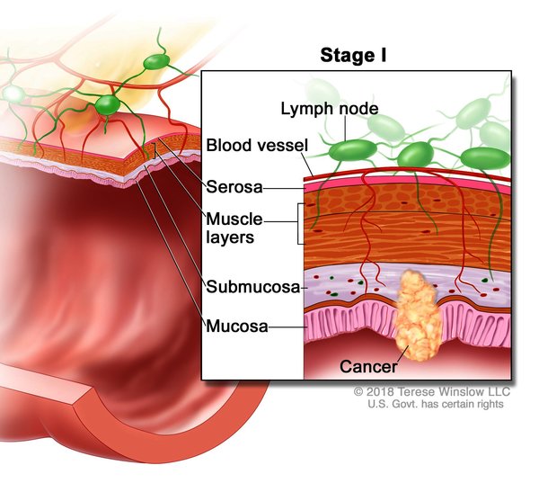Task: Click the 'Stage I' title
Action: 353,56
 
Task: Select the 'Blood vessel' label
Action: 257,146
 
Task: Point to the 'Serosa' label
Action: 234,188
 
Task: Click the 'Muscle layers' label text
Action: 238,228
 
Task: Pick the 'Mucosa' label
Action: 237,326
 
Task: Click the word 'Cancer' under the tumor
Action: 367,367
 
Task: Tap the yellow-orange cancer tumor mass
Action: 414,310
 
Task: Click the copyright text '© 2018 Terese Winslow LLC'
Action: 431,392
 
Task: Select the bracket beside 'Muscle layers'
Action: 296,224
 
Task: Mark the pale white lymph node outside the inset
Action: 13,94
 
